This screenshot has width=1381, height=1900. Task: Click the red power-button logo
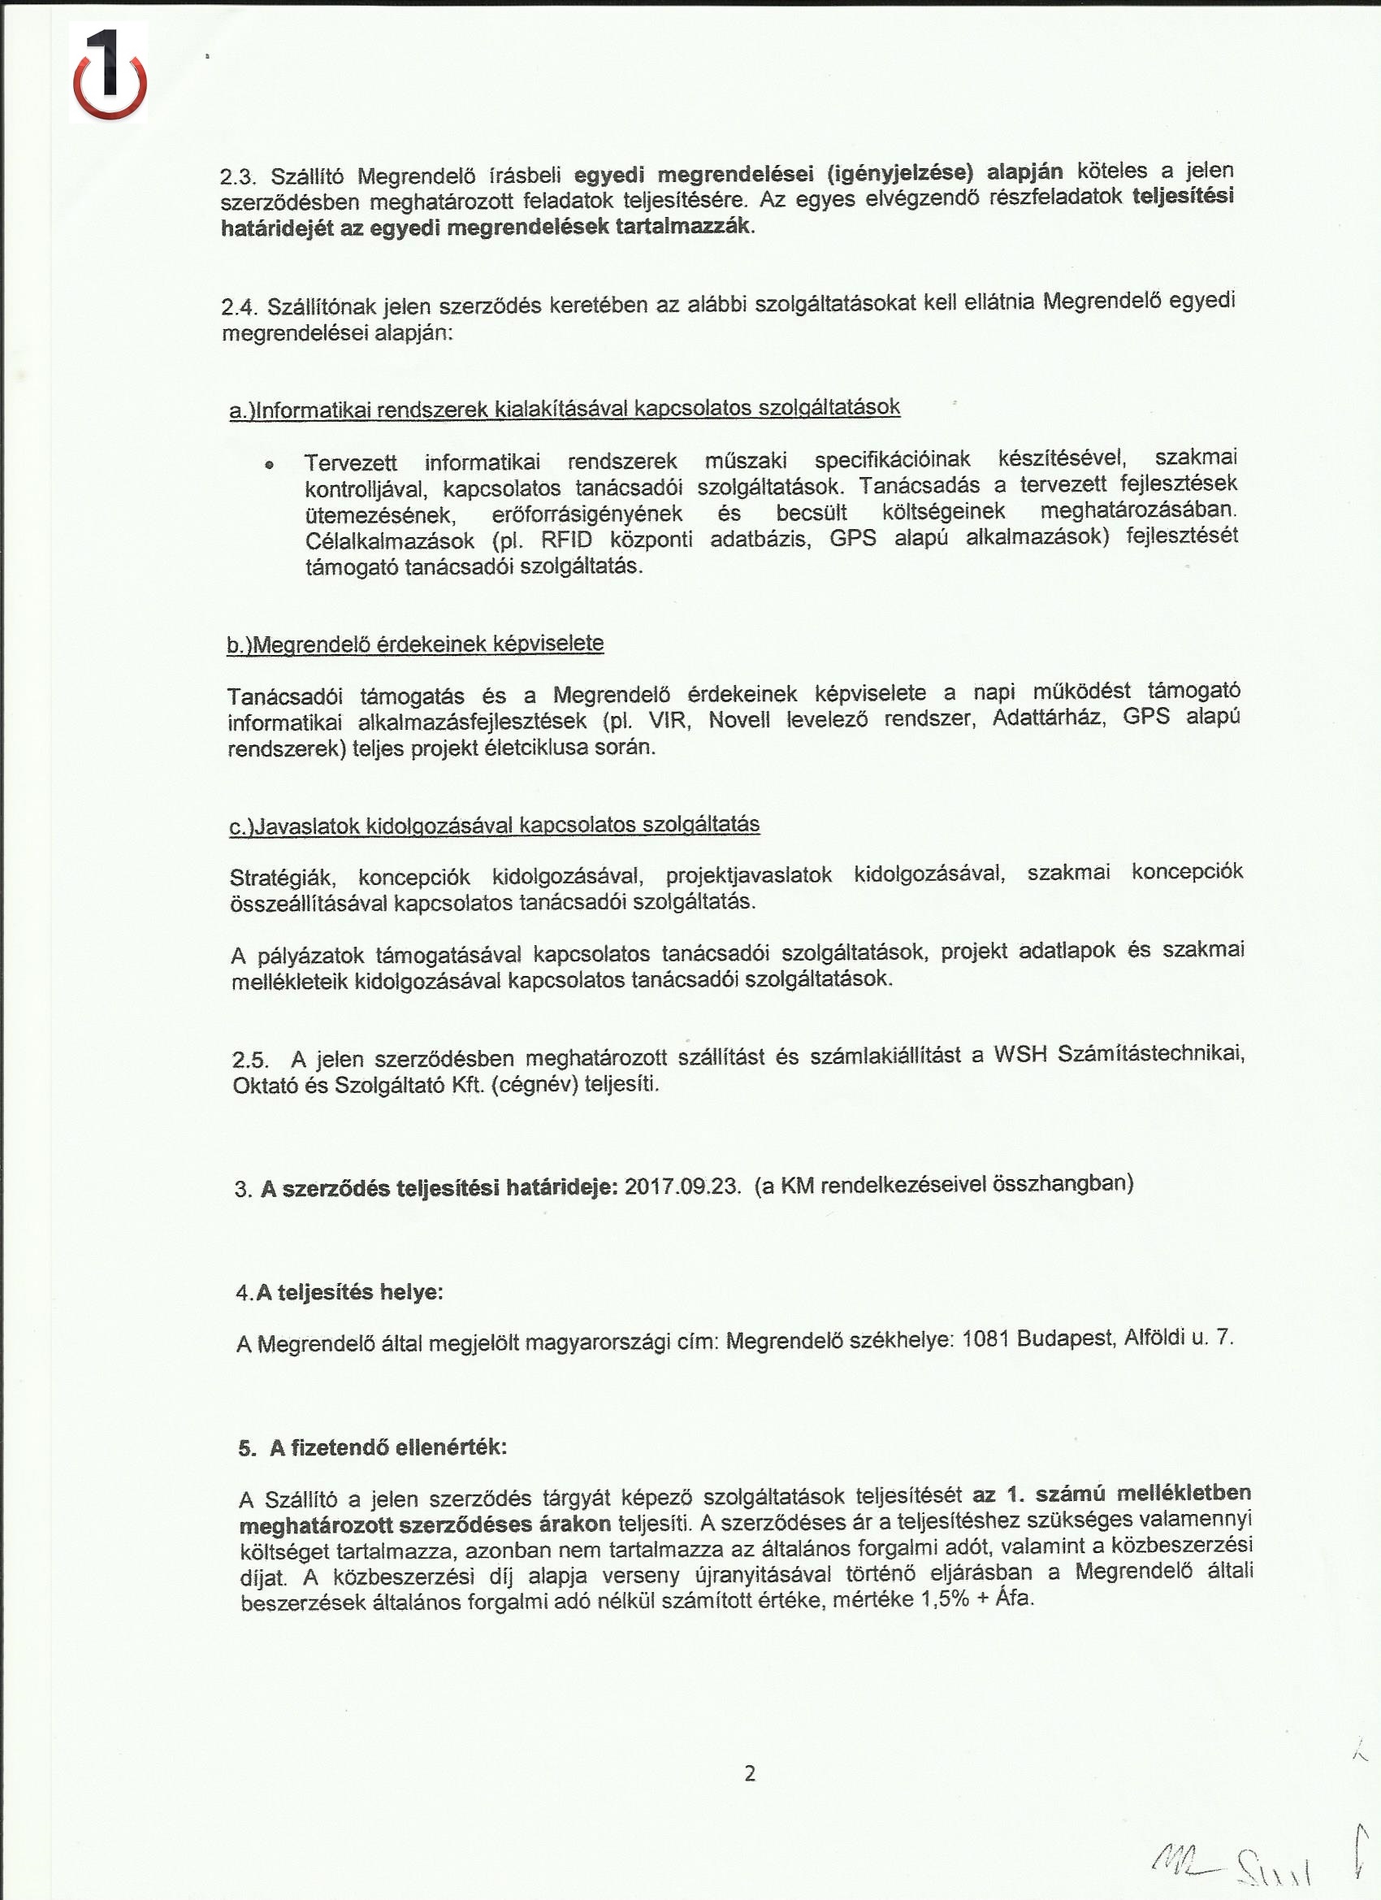click(110, 74)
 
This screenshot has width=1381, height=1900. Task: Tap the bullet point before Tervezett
click(269, 464)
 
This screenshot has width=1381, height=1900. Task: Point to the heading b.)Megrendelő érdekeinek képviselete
click(415, 644)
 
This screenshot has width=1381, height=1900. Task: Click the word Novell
click(738, 720)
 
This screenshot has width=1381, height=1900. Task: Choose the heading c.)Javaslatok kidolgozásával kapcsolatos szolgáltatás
click(494, 825)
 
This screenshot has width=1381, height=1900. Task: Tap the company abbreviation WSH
click(1020, 1054)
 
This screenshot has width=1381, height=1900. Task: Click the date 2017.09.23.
click(682, 1186)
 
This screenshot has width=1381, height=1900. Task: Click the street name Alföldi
click(1155, 1337)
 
